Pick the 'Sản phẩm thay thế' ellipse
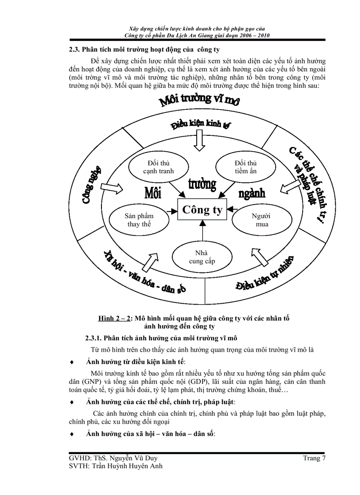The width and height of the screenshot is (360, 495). [139, 220]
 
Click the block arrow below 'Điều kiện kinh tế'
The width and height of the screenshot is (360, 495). [201, 141]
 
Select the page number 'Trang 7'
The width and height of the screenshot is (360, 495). [314, 458]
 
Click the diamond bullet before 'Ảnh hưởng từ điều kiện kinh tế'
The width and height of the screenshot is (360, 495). [72, 362]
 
